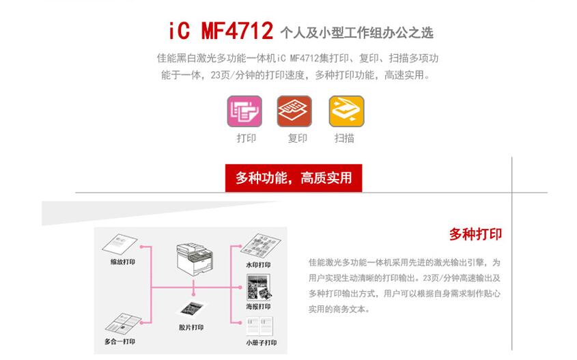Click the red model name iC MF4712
220,31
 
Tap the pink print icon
244,111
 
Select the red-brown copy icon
294,111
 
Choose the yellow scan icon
346,111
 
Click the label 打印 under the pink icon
246,138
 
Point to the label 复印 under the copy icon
297,138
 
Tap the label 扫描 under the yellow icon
344,138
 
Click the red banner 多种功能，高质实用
294,178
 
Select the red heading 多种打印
475,234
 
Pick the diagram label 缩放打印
123,262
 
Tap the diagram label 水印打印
258,265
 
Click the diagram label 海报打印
258,307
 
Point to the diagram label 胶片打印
191,327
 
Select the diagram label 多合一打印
119,342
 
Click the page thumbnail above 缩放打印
120,245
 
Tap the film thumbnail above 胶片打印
191,309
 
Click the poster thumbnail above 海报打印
259,288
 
